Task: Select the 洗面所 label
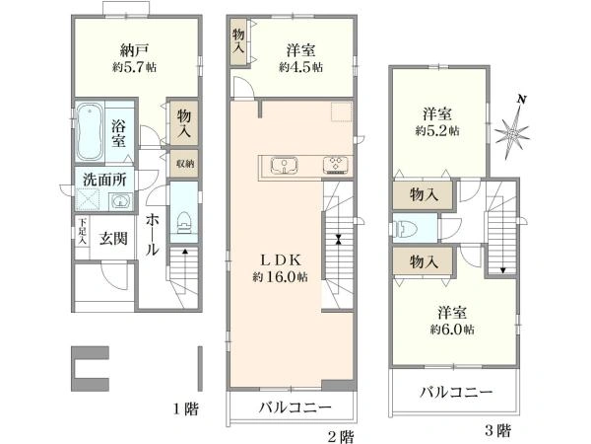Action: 104,180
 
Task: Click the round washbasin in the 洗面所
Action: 121,203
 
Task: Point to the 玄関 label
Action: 113,238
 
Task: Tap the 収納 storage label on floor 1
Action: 184,163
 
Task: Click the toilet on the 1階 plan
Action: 184,223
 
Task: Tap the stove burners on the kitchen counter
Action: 332,165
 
